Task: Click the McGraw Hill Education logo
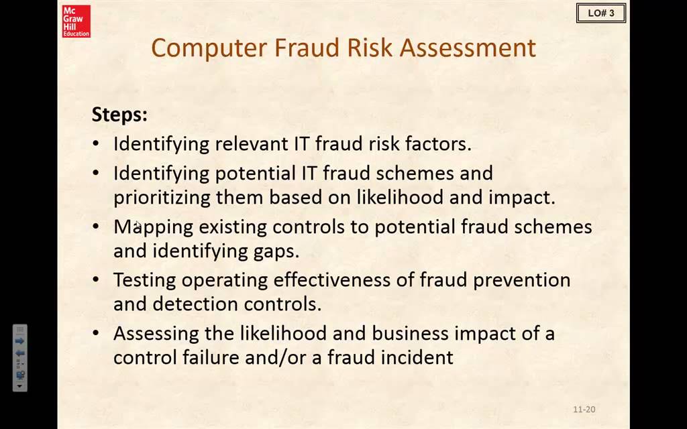(x=76, y=21)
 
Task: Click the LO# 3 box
(x=600, y=13)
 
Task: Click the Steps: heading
(x=119, y=115)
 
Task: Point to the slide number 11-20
(x=584, y=410)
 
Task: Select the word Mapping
(x=153, y=227)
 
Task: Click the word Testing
(x=144, y=280)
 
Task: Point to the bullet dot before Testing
(x=97, y=280)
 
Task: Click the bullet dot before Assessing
(x=97, y=333)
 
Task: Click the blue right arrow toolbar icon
(x=19, y=341)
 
